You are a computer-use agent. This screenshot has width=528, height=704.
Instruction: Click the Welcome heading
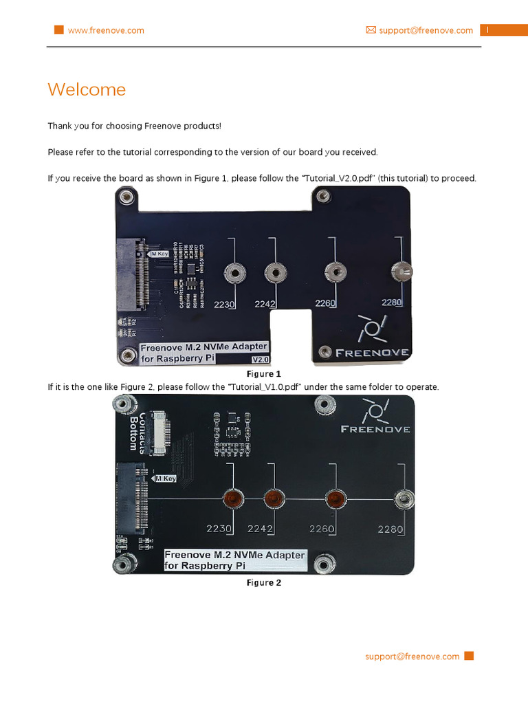click(x=87, y=89)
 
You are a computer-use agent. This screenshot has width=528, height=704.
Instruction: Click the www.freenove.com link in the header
click(x=106, y=30)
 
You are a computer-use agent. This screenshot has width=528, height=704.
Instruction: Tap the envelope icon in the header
click(x=371, y=30)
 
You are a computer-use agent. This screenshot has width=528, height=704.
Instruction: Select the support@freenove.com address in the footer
click(x=412, y=657)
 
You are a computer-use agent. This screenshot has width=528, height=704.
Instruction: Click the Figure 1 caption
click(x=264, y=374)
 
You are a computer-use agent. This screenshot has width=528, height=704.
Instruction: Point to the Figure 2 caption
click(x=264, y=582)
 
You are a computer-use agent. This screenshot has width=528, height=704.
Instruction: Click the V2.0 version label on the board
click(x=261, y=360)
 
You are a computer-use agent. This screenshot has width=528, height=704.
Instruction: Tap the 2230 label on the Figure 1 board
click(x=224, y=303)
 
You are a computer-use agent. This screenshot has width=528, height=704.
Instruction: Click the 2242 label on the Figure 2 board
click(x=261, y=529)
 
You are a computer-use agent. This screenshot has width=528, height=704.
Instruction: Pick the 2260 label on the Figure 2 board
click(x=322, y=529)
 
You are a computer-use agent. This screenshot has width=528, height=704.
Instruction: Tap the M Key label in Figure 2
click(x=166, y=478)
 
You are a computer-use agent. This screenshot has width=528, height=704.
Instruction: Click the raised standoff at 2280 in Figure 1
click(x=400, y=272)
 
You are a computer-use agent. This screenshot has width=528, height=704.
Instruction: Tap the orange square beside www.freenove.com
click(x=59, y=30)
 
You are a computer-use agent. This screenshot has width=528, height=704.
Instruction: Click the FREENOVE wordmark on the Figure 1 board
click(x=372, y=353)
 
